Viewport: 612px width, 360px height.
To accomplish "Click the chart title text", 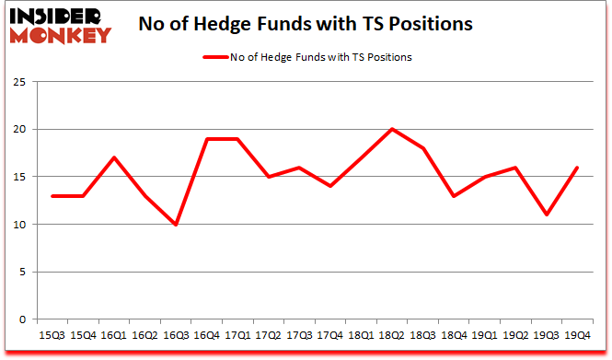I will (x=305, y=25).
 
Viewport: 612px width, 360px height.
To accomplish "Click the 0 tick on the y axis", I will (x=21, y=320).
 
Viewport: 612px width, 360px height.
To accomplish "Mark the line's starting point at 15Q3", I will (x=52, y=196).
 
